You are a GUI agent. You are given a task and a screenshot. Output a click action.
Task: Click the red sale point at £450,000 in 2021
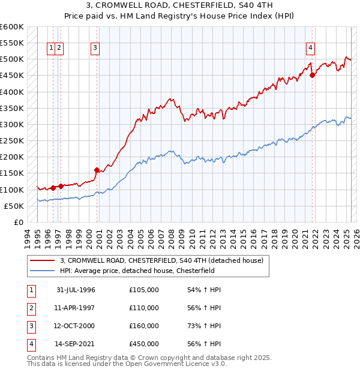313,75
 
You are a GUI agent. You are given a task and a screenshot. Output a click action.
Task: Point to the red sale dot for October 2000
97,170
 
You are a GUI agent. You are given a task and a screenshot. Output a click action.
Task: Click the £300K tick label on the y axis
13,124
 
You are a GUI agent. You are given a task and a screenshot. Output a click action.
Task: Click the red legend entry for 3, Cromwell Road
161,260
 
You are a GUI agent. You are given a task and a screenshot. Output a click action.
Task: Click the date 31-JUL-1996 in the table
76,290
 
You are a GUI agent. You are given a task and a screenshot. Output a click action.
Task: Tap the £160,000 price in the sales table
144,326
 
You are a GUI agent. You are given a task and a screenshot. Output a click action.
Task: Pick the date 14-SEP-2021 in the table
76,344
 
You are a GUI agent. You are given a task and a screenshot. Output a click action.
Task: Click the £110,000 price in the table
144,308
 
